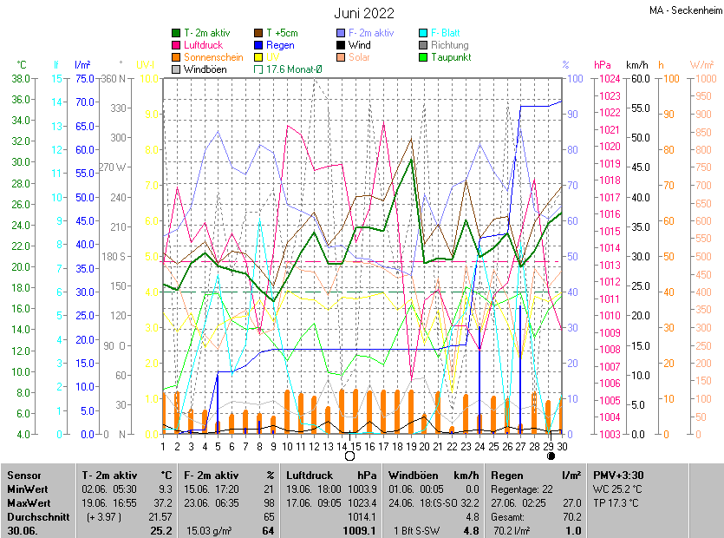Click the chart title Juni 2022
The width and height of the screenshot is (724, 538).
(x=364, y=13)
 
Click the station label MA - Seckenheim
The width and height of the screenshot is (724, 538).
(x=685, y=10)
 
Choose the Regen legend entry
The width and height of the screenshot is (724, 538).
(x=279, y=45)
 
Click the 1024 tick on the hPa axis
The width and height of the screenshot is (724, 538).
(x=609, y=79)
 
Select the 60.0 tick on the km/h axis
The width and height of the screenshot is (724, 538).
(x=640, y=79)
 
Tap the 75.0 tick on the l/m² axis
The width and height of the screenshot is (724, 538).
(x=83, y=79)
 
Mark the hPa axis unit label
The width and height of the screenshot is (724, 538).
(x=602, y=64)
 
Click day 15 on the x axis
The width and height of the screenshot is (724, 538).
(x=355, y=447)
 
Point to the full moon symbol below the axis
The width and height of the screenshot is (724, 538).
(x=349, y=456)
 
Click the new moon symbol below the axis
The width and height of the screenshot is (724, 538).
(x=551, y=456)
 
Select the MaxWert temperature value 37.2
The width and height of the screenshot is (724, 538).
(x=160, y=502)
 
